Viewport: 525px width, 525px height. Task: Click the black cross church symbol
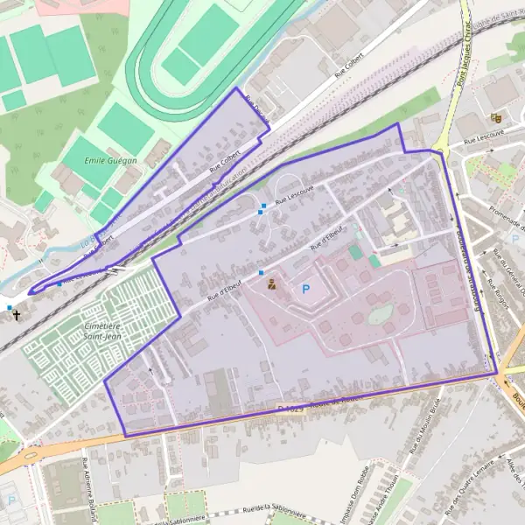click(17, 312)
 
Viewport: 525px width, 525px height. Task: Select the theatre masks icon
click(496, 116)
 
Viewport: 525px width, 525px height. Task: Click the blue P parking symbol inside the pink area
click(306, 288)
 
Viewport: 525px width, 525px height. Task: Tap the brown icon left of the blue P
click(271, 283)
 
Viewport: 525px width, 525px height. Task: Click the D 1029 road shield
click(289, 409)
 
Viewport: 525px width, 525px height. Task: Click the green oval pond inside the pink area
click(381, 314)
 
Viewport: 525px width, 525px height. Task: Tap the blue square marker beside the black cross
click(9, 308)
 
